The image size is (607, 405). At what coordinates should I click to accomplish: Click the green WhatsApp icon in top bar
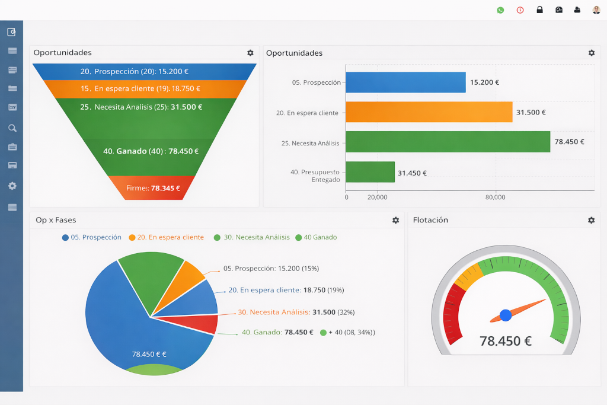(500, 10)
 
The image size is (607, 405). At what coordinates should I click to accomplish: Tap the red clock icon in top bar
(520, 10)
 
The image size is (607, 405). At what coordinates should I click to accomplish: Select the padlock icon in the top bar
(539, 10)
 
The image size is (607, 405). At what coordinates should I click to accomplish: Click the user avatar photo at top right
(596, 10)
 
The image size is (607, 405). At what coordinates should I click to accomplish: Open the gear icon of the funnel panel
(250, 53)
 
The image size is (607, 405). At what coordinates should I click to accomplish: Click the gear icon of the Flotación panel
(591, 220)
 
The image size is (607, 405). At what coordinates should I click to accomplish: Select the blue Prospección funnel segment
(144, 72)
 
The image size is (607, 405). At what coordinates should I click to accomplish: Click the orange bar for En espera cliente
(429, 112)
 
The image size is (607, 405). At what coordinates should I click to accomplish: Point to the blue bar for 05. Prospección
(405, 82)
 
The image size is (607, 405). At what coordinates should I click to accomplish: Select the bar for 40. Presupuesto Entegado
(370, 172)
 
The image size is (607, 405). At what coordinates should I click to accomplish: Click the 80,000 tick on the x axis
(495, 197)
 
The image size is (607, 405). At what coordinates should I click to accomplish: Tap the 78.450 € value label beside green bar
(569, 142)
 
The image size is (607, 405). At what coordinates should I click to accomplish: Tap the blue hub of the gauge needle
(506, 315)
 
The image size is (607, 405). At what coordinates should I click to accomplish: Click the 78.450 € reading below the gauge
(505, 341)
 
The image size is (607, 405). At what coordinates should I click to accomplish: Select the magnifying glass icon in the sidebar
(12, 128)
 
